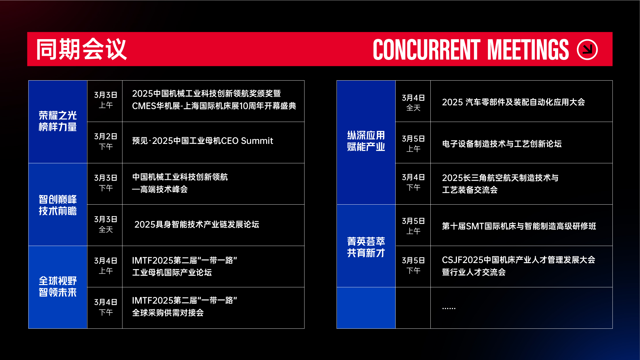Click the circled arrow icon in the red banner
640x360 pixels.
[587, 49]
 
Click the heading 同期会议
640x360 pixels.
[81, 49]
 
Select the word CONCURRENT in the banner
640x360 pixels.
[426, 49]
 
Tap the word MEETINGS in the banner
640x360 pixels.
[528, 49]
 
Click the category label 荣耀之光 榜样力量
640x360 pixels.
[58, 121]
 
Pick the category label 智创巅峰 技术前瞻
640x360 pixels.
[58, 205]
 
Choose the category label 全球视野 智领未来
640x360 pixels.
[58, 287]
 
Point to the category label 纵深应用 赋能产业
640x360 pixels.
[366, 141]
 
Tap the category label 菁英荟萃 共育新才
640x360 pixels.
[366, 247]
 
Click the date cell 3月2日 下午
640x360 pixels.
[106, 141]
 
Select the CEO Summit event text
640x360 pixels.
[202, 141]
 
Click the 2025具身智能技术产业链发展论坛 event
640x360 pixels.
[197, 224]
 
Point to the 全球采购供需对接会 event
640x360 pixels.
[168, 313]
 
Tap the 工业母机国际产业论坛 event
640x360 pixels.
[172, 273]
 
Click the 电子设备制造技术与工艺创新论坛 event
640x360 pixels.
[502, 144]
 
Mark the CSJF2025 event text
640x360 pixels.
[518, 266]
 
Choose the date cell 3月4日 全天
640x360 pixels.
[413, 103]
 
